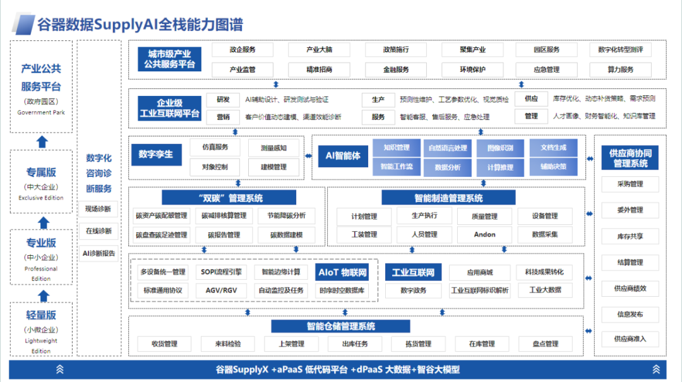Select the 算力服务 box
point(620,69)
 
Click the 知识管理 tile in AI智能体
point(396,148)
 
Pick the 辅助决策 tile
point(553,167)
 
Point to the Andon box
point(484,234)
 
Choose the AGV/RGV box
point(221,290)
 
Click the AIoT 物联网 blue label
point(343,273)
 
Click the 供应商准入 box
point(630,339)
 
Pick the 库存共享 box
point(630,236)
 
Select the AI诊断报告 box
point(99,253)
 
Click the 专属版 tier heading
point(42,172)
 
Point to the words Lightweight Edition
point(41,345)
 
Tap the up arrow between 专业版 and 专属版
point(43,222)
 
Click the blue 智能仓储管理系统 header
point(341,326)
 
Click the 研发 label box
point(223,100)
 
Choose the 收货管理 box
point(164,344)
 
